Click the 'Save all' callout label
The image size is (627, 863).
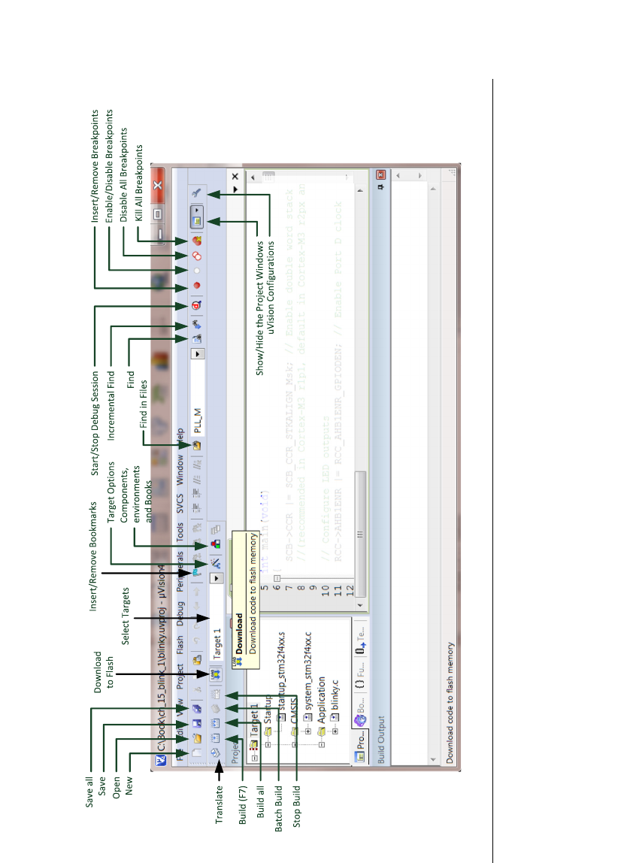click(x=89, y=794)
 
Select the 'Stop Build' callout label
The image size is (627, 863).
click(x=298, y=807)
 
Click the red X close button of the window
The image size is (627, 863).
click(x=158, y=185)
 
